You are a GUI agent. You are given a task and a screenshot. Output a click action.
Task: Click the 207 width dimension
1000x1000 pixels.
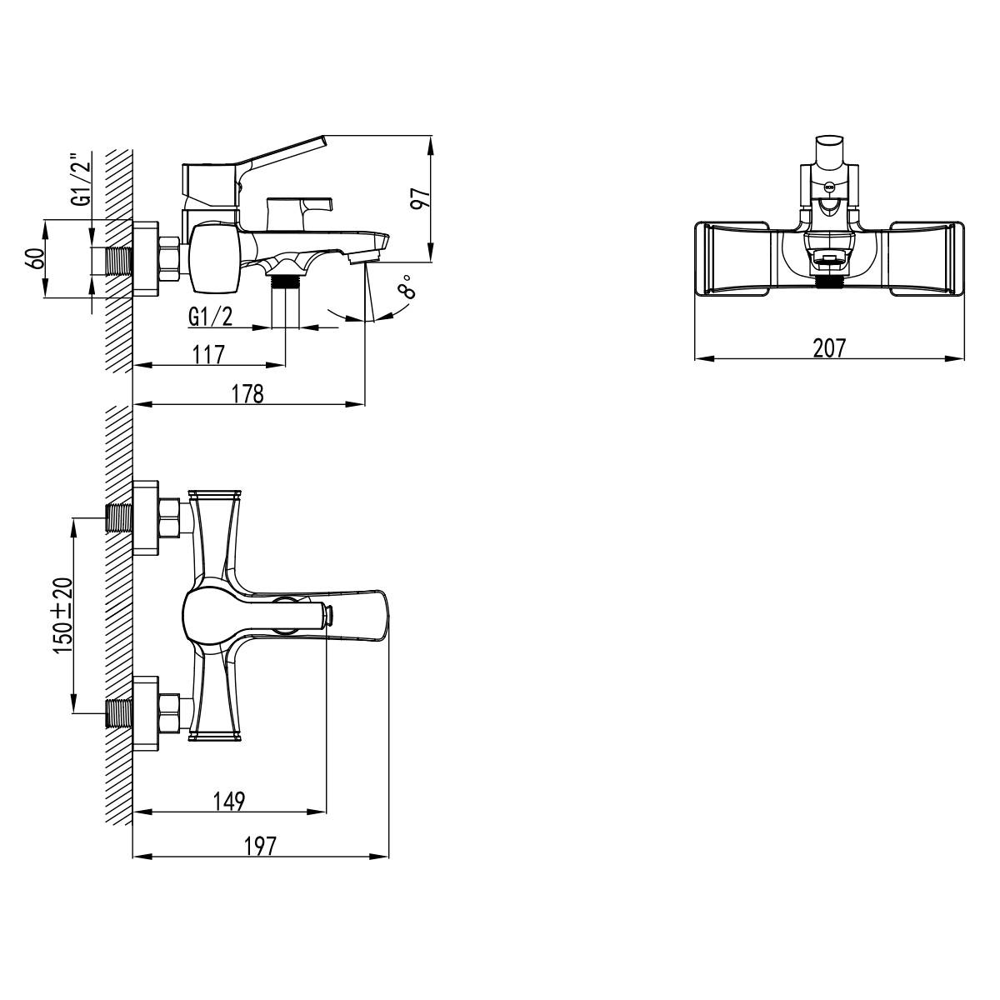click(x=828, y=347)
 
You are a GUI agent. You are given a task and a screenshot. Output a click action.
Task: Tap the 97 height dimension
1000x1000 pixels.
click(x=421, y=197)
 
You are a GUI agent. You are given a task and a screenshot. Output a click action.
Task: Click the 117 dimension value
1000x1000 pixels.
click(x=208, y=354)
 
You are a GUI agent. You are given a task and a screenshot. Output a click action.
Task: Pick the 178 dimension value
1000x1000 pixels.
click(x=247, y=394)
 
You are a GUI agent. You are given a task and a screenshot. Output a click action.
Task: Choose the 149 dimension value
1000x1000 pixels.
click(x=229, y=801)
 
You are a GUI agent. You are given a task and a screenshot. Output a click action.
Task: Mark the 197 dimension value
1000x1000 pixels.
click(x=260, y=846)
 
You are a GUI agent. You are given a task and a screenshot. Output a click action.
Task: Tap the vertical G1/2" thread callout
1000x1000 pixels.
click(x=81, y=179)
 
